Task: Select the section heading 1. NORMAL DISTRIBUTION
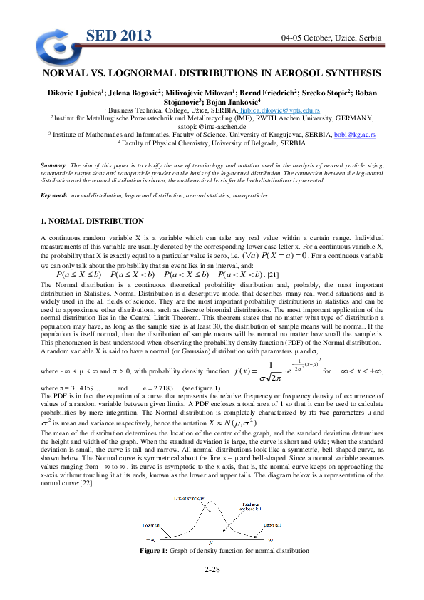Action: pyautogui.click(x=92, y=222)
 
